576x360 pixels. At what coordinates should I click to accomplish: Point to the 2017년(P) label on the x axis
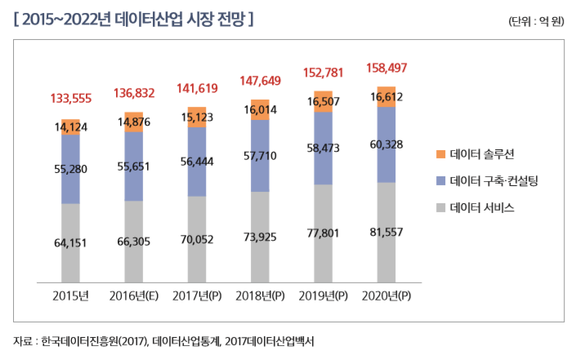(x=197, y=295)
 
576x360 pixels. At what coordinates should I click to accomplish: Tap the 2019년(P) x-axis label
(x=324, y=295)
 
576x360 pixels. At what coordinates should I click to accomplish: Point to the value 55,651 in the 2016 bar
(x=133, y=166)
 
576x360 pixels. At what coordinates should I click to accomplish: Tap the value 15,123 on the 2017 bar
(x=197, y=117)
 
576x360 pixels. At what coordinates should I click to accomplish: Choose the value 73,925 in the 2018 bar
(x=260, y=237)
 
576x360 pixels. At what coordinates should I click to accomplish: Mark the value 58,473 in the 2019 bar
(x=324, y=149)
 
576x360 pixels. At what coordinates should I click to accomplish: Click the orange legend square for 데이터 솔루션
(x=440, y=153)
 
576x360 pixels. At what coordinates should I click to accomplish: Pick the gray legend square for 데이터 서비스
(x=440, y=207)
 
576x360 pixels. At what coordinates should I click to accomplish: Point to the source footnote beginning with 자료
(x=163, y=340)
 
